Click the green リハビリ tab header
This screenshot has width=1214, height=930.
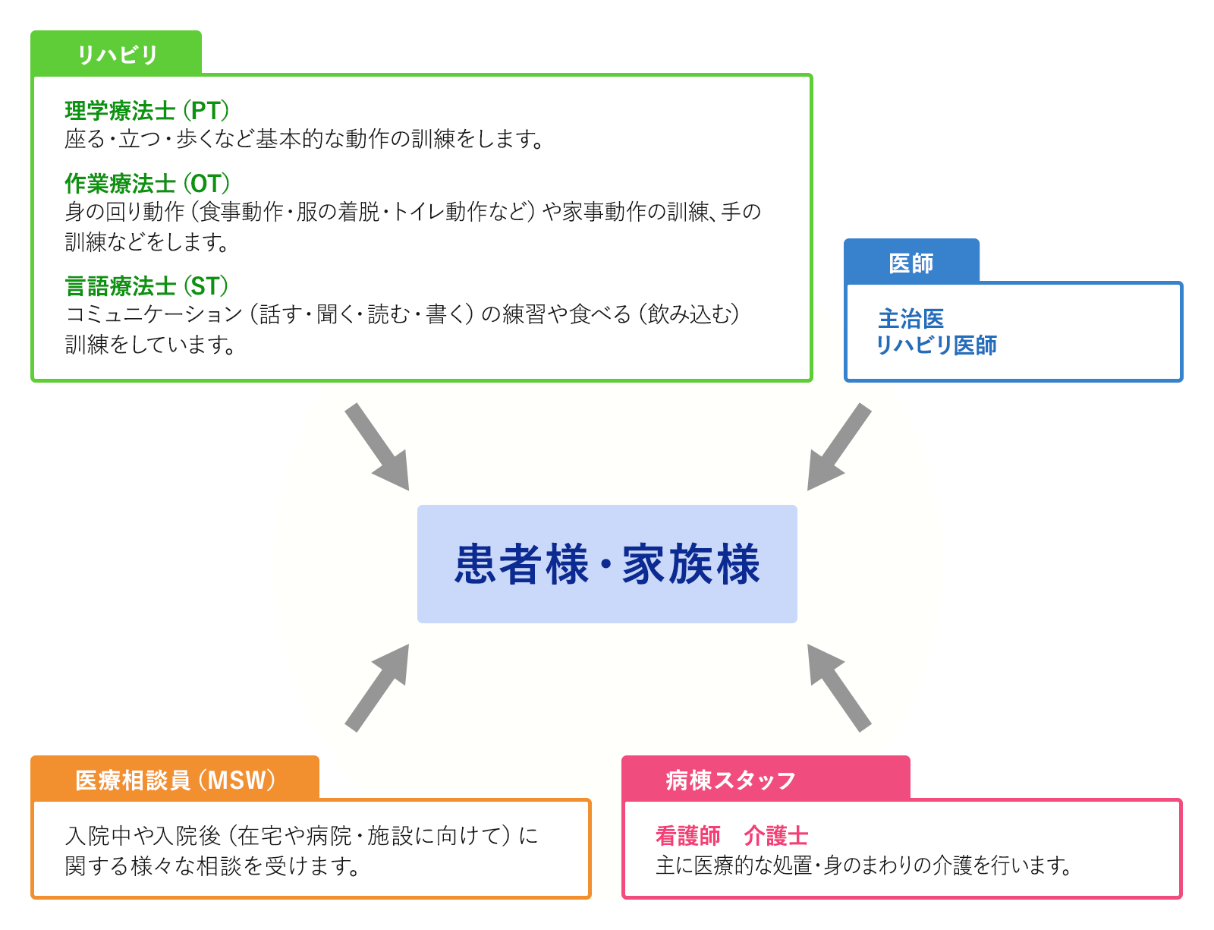coord(116,53)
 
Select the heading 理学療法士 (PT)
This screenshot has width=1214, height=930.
coord(147,111)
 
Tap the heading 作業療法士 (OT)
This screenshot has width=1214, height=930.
coord(147,183)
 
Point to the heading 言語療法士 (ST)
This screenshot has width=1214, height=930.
coord(146,286)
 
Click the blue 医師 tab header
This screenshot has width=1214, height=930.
coord(910,262)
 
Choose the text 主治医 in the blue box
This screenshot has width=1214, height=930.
coord(910,319)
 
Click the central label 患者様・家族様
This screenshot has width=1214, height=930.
coord(607,564)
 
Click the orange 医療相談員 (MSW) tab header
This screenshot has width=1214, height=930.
coord(175,779)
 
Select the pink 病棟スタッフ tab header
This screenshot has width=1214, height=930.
coord(766,779)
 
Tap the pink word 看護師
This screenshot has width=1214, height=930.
coord(687,836)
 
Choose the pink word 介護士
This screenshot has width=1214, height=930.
coord(776,836)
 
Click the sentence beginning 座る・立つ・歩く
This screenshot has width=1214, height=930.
coord(304,139)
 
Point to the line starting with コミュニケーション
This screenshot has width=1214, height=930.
coord(403,314)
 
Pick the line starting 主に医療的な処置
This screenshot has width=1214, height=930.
coord(863,865)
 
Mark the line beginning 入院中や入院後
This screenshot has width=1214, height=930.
coord(302,836)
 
